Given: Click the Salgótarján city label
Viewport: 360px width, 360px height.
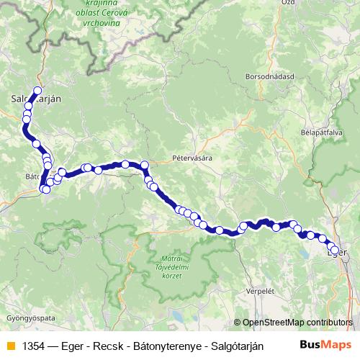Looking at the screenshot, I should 35,99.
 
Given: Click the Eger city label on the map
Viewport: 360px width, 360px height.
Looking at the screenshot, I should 337,253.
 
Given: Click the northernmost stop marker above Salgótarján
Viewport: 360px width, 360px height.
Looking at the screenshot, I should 37,91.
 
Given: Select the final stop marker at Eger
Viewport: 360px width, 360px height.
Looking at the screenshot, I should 335,251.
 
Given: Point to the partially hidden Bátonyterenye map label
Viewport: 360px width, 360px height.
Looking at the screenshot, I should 31,176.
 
